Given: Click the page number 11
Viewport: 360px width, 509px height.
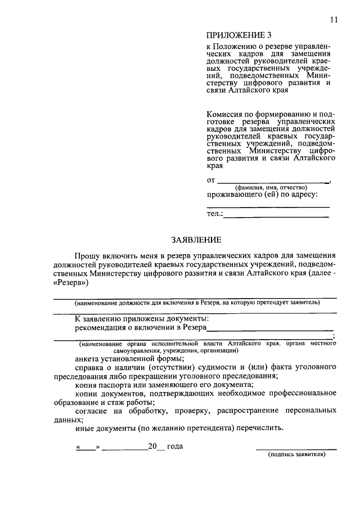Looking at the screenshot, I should pos(334,20).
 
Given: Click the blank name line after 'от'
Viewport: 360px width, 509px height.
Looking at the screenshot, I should pos(273,181).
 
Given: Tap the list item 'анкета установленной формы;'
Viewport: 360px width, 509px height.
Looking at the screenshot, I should pos(129,358).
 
